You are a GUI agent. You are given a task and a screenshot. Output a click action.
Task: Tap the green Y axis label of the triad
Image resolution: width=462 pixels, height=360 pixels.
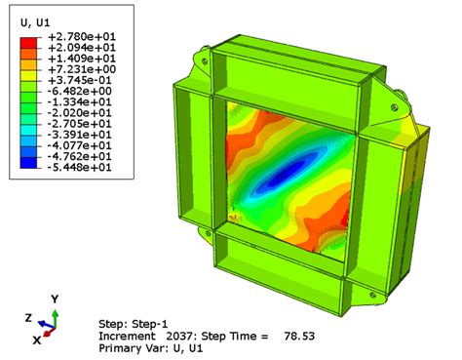point(55,298)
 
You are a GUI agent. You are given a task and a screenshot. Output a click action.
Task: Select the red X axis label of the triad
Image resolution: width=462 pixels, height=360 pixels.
point(36,340)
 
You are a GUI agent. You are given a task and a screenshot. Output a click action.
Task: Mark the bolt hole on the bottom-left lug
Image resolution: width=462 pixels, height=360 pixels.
point(206,231)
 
